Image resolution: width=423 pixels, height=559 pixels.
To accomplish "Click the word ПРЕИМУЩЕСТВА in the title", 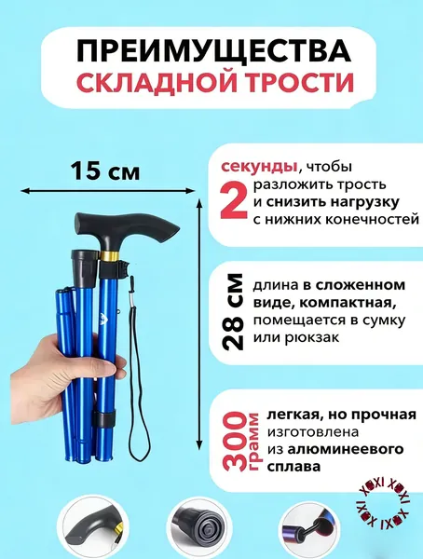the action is point(213,52).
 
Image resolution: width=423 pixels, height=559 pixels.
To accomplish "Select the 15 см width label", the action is point(105,171).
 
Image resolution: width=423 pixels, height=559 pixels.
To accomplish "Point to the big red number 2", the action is point(234,199).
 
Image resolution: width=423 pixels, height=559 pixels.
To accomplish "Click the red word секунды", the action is point(259,166).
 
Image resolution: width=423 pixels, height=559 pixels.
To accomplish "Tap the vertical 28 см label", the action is point(233,311).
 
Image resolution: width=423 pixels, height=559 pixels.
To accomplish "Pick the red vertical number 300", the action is point(236,441).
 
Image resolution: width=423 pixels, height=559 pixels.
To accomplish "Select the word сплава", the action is point(293,467).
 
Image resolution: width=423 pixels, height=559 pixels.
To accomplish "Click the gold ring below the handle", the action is point(109,255).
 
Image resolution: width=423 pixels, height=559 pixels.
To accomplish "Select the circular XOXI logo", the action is point(384,503).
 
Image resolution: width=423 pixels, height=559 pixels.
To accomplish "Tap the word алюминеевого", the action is point(346,449).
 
